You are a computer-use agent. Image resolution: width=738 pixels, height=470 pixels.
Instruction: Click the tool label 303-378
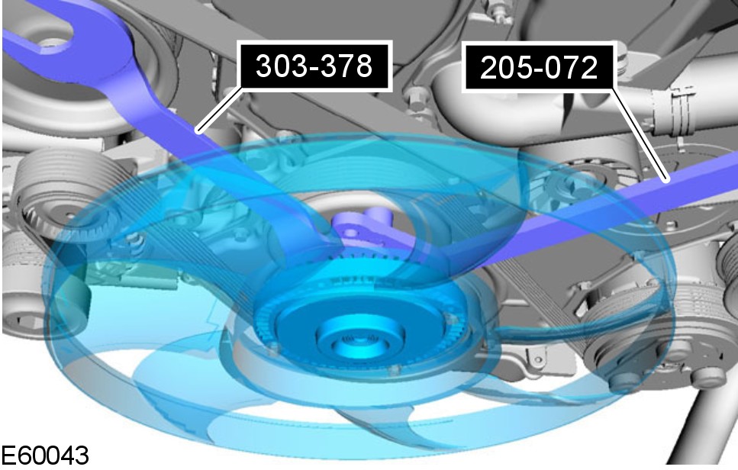click(x=315, y=66)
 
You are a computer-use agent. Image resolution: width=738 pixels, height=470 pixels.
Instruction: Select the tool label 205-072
click(x=539, y=67)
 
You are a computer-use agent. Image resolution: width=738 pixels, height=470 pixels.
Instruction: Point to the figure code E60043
click(x=45, y=456)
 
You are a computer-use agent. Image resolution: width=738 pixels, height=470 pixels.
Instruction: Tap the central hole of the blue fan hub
click(x=359, y=339)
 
